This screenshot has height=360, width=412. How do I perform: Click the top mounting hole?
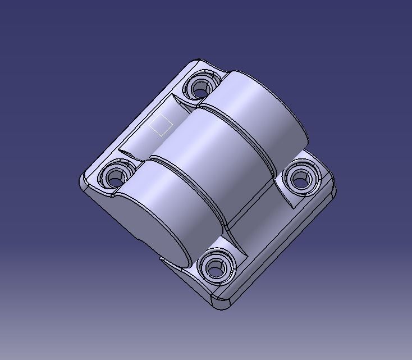[x=200, y=88]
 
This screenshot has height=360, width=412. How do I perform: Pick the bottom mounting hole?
[x=214, y=268]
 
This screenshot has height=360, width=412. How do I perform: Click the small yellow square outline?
[x=161, y=125]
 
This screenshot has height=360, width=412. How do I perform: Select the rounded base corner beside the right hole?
[x=331, y=188]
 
